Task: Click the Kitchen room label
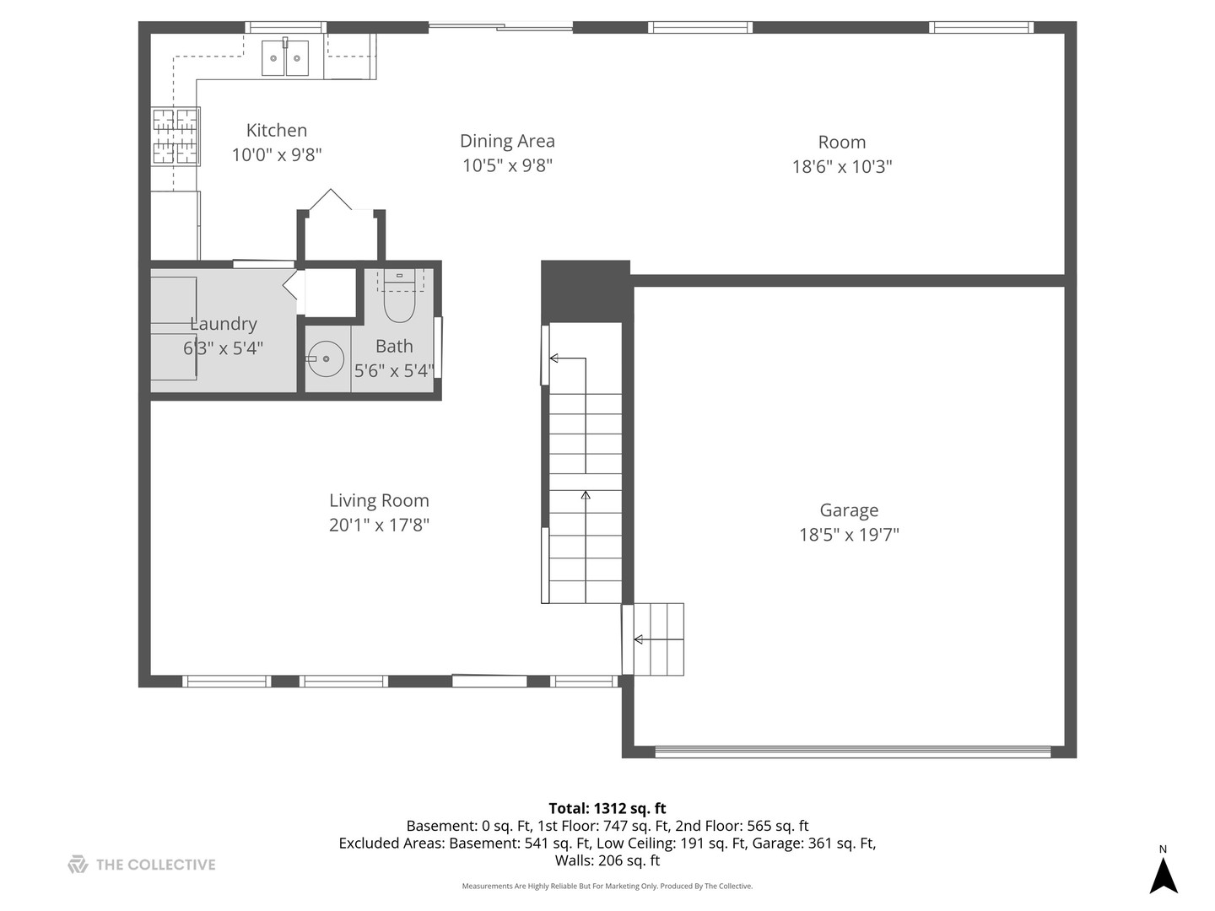[276, 130]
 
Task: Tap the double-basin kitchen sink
[285, 59]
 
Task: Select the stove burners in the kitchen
[175, 136]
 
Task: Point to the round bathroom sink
[325, 359]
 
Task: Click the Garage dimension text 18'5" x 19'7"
[849, 534]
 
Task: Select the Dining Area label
[507, 141]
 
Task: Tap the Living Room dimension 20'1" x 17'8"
[379, 525]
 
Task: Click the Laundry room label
[224, 324]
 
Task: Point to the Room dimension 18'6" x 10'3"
[841, 166]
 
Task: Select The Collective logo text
[155, 865]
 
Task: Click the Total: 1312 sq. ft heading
[607, 808]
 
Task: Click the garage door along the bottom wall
[852, 751]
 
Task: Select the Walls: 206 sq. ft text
[607, 860]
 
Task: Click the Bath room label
[394, 346]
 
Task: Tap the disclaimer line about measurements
[607, 886]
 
